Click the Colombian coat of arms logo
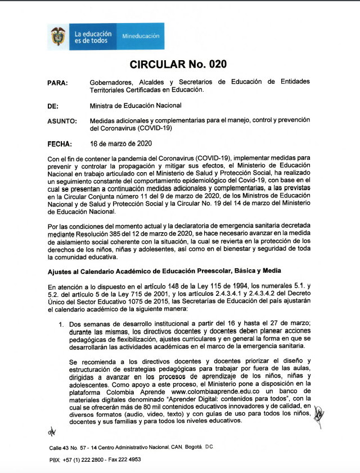(x=58, y=36)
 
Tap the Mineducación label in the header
(x=140, y=36)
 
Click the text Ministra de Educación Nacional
(x=135, y=106)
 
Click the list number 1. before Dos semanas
(x=62, y=325)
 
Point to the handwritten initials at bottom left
(x=52, y=433)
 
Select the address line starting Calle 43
(x=130, y=447)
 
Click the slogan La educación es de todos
(x=93, y=37)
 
